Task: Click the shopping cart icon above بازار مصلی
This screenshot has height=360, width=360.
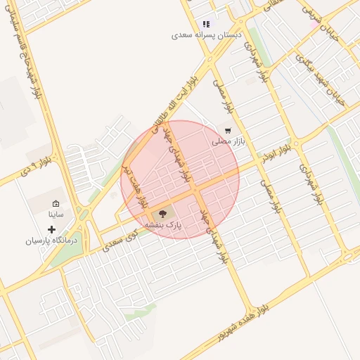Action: point(227,130)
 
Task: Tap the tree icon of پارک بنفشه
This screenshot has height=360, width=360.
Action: point(163,212)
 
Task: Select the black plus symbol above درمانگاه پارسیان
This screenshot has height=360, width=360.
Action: point(51,229)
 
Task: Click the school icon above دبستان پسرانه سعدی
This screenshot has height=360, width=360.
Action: point(206,24)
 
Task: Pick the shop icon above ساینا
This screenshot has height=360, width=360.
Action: point(56,203)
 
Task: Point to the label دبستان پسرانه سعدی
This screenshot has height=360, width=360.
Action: point(206,34)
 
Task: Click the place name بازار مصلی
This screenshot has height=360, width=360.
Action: point(229,141)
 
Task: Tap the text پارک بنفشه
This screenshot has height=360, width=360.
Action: point(164,224)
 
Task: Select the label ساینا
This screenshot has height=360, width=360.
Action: point(56,214)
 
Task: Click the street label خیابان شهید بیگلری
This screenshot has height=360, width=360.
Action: point(321,81)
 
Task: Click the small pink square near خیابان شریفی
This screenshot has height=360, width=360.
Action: point(312,25)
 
